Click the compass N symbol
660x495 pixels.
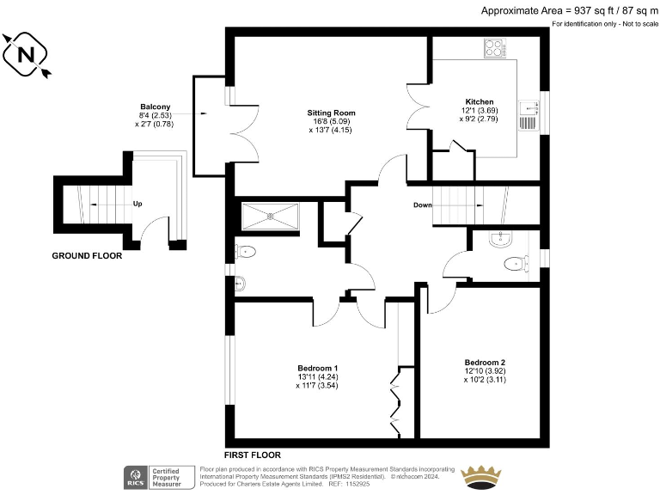26,54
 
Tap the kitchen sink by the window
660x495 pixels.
527,114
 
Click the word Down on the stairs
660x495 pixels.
422,205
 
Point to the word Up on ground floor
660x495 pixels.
137,205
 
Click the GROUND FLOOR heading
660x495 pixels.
87,256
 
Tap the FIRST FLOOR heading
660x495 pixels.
252,455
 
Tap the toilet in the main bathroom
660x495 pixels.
247,253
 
